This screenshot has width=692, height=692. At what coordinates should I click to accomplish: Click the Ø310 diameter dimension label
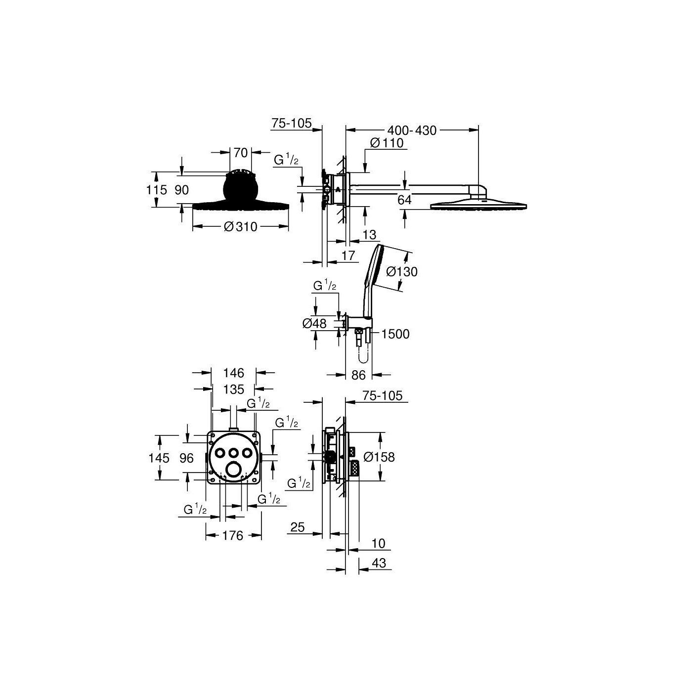[x=240, y=226]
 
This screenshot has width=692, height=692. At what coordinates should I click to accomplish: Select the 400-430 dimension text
[x=412, y=130]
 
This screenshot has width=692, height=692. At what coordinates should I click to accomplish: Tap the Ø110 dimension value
[x=387, y=143]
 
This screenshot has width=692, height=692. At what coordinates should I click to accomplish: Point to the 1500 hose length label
[x=395, y=334]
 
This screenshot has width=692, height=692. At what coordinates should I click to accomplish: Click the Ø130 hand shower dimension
[x=401, y=271]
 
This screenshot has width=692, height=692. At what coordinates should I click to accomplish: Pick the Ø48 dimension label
[x=314, y=324]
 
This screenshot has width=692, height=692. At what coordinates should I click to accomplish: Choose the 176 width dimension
[x=233, y=546]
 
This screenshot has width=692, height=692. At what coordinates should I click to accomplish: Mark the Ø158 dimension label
[x=379, y=457]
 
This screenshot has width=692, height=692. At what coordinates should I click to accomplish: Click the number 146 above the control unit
[x=233, y=373]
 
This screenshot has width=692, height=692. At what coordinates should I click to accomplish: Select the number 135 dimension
[x=233, y=389]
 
